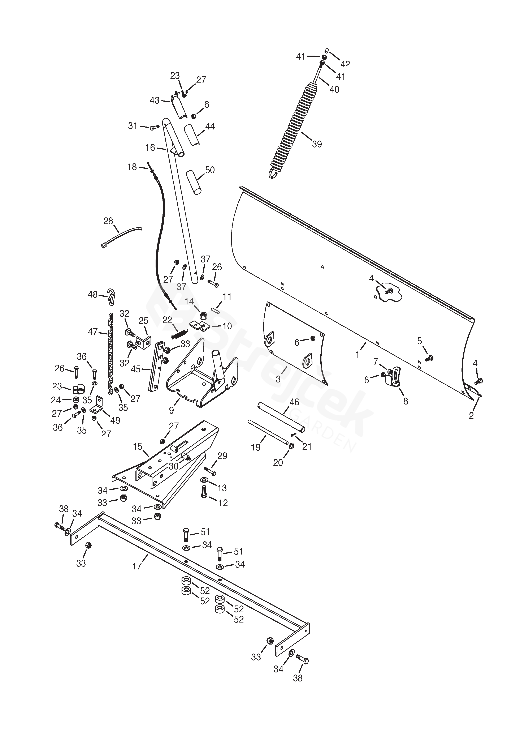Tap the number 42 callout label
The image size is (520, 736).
(x=345, y=64)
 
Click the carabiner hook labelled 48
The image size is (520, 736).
(x=111, y=296)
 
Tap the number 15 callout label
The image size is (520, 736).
(x=138, y=446)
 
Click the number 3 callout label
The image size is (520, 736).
(x=278, y=379)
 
